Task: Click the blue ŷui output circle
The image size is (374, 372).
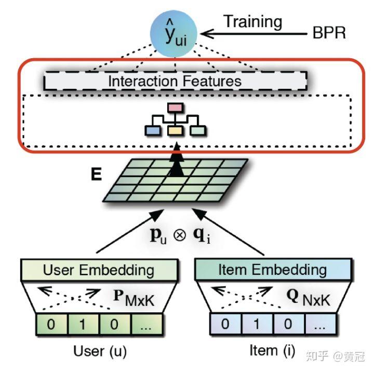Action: point(173,34)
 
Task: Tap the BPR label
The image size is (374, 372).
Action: point(329,32)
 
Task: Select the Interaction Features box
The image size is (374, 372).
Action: point(176,81)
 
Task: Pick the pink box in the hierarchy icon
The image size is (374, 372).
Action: point(176,108)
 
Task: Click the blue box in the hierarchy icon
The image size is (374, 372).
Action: point(153,131)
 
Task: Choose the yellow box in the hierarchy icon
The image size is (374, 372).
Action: point(176,131)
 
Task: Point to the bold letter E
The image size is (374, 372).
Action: point(97,174)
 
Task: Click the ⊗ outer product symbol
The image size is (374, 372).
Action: point(180,235)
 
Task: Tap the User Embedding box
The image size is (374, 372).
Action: point(99,270)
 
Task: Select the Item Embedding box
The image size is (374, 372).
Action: point(273,270)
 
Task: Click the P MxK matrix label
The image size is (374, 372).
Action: point(133,298)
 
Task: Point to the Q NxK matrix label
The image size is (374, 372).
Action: point(308,297)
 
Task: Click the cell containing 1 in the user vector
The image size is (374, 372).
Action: point(83,325)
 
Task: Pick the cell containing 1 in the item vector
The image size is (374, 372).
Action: point(257,324)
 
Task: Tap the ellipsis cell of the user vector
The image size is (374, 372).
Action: point(146,325)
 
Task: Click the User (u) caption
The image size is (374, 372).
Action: point(100,352)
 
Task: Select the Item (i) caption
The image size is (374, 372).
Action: point(272,351)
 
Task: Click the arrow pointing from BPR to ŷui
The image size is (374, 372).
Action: point(254,34)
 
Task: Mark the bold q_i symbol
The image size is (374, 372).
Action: point(202,236)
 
